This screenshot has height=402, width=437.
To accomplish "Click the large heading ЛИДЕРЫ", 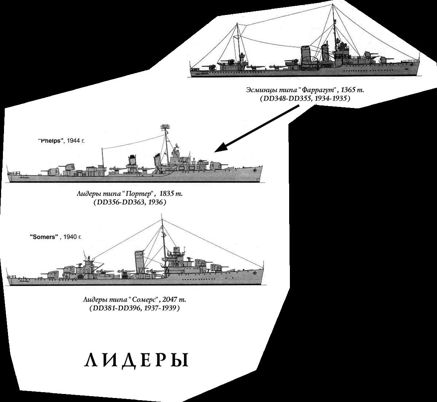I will [x=137, y=360].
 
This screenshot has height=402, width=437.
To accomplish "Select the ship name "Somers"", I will [x=44, y=237].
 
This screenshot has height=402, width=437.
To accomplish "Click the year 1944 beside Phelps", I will [x=76, y=140].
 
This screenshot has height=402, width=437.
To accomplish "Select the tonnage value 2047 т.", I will [x=174, y=300].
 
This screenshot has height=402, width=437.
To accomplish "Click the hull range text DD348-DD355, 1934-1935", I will [x=304, y=98].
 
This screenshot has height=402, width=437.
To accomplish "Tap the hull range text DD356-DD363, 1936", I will [x=130, y=202].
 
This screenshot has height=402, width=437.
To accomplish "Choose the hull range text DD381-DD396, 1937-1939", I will [x=134, y=308].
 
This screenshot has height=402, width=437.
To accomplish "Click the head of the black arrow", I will [x=219, y=150].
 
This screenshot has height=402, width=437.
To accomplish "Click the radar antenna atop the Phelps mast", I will [x=166, y=127].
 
